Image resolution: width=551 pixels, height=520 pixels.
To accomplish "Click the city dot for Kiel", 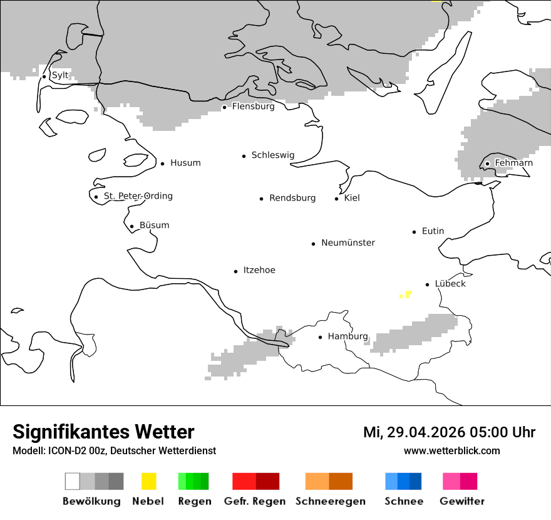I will click(x=336, y=199).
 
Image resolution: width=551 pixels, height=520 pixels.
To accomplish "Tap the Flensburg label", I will click(x=253, y=107).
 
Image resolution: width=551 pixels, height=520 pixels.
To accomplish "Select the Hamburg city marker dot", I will click(x=320, y=337).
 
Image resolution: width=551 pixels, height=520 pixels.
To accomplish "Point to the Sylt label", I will click(x=60, y=75).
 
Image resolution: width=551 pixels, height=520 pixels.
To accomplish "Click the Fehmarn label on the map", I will click(x=513, y=163).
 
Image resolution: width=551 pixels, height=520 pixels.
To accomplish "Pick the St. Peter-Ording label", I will click(x=138, y=196).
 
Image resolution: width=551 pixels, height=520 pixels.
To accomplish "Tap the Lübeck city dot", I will click(x=427, y=284).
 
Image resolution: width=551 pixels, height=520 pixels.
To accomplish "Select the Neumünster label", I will click(x=348, y=242).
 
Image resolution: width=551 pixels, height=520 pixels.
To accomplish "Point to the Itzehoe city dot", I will click(x=235, y=271).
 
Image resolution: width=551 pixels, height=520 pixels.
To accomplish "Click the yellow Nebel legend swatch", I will click(x=148, y=481).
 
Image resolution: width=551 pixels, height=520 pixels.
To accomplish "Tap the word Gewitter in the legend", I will click(x=462, y=501).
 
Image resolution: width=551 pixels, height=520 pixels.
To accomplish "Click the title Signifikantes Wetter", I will click(x=103, y=432).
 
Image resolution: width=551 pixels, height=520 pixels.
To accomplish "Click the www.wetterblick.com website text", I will click(x=451, y=451).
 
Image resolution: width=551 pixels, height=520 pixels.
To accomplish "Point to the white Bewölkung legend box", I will click(x=73, y=481).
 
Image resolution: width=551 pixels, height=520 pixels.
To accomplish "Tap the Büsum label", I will click(x=154, y=226).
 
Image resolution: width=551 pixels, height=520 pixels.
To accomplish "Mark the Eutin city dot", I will click(x=414, y=232).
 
